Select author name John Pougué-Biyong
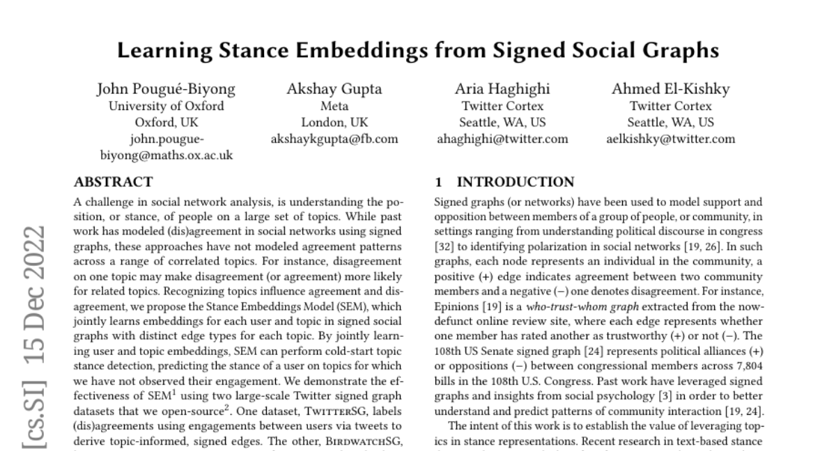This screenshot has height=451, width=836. (166, 89)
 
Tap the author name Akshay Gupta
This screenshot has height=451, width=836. (334, 89)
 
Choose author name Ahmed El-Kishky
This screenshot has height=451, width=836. (671, 89)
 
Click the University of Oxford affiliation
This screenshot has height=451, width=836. (166, 106)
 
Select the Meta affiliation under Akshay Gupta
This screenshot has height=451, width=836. (334, 106)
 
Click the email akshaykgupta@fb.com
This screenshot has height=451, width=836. (334, 139)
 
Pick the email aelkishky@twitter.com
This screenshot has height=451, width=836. (671, 139)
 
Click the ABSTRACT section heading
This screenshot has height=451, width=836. (113, 183)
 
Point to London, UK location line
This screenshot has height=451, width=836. (334, 122)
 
